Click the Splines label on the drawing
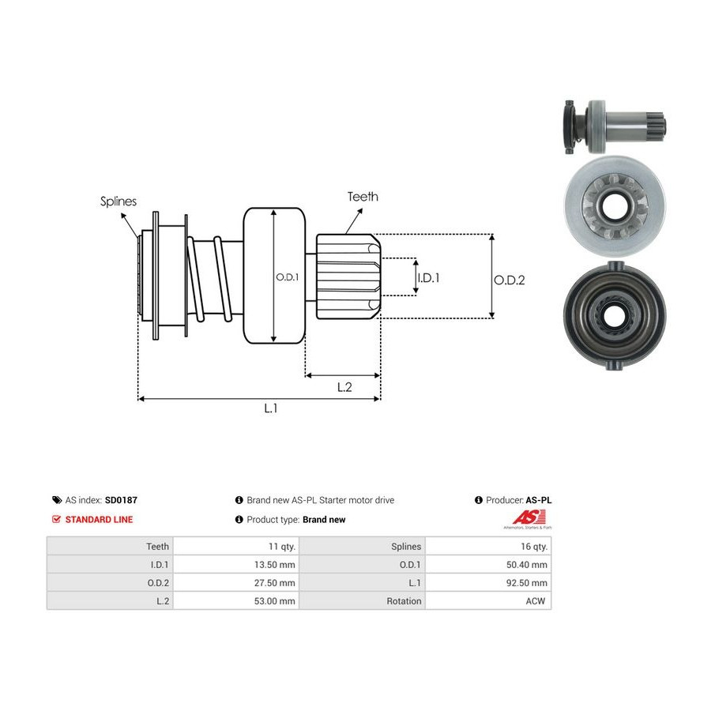[118, 201]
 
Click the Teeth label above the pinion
[363, 197]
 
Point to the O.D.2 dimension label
[510, 280]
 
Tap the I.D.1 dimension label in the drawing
[428, 277]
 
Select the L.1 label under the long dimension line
[271, 408]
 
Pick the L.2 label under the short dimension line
[344, 387]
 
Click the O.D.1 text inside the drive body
[288, 277]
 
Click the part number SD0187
[121, 500]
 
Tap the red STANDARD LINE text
[99, 520]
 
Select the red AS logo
[529, 517]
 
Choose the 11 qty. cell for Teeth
[236, 547]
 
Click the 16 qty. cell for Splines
[488, 547]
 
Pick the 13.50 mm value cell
[236, 565]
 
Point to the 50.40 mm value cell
[488, 565]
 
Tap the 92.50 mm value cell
[488, 583]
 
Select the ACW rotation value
[535, 601]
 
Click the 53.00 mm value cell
[236, 601]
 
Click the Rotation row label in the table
[404, 601]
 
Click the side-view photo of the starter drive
[615, 126]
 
